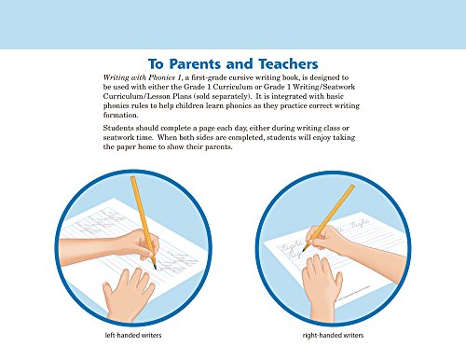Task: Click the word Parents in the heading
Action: tap(196, 64)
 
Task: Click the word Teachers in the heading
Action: tap(288, 64)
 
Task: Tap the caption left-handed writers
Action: tap(133, 335)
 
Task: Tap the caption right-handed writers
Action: tap(333, 335)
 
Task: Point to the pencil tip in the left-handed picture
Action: tap(155, 268)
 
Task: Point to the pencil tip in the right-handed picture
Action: tap(303, 250)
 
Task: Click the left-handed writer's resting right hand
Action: tap(128, 295)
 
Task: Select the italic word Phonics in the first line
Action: tap(161, 77)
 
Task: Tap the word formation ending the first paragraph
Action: tap(120, 115)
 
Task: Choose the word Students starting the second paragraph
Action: tap(118, 128)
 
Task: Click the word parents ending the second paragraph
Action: tap(219, 146)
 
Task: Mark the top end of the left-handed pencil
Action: tap(133, 178)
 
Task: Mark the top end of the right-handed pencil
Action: tap(352, 187)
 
